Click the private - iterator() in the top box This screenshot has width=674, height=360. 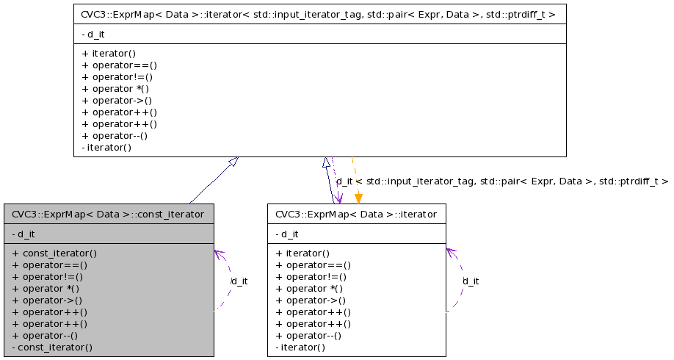pyautogui.click(x=107, y=147)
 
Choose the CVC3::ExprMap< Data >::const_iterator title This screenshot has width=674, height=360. pyautogui.click(x=108, y=214)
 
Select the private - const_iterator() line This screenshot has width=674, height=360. pyautogui.click(x=52, y=347)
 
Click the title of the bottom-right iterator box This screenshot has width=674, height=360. pyautogui.click(x=356, y=214)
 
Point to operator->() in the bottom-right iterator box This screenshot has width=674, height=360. pyautogui.click(x=312, y=300)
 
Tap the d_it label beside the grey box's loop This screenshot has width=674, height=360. pyautogui.click(x=239, y=281)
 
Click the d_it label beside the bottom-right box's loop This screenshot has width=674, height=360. pyautogui.click(x=471, y=281)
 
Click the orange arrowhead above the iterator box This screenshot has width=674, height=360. pyautogui.click(x=358, y=198)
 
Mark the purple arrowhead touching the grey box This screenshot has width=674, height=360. pyautogui.click(x=218, y=253)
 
